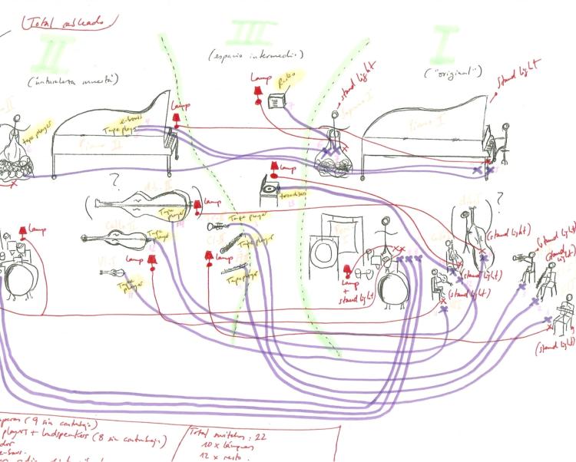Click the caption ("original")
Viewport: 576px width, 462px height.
click(453, 72)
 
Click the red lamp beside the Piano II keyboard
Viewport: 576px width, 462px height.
click(177, 117)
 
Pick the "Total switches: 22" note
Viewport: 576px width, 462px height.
click(223, 435)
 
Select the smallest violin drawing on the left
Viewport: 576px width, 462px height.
click(113, 272)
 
